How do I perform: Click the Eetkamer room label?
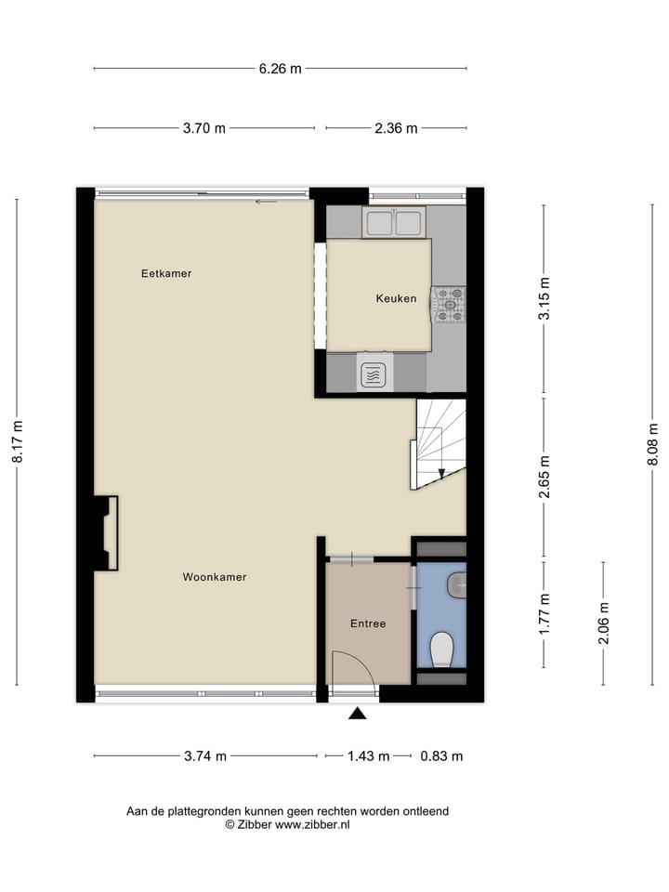click(166, 274)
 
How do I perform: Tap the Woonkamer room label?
click(215, 577)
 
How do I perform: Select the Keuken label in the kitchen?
click(396, 298)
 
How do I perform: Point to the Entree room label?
click(367, 623)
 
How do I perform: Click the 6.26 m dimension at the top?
click(280, 68)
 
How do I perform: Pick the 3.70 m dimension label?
click(204, 128)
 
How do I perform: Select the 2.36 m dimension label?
click(396, 128)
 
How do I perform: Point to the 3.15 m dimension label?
click(544, 299)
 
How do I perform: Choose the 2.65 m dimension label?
click(544, 476)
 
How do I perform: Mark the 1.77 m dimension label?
click(544, 613)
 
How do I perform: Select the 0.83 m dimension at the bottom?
click(441, 756)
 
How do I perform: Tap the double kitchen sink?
click(394, 222)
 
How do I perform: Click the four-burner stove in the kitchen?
click(448, 305)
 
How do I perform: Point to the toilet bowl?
click(442, 649)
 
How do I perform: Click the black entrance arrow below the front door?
click(357, 714)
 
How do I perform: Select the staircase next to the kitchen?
click(439, 443)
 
